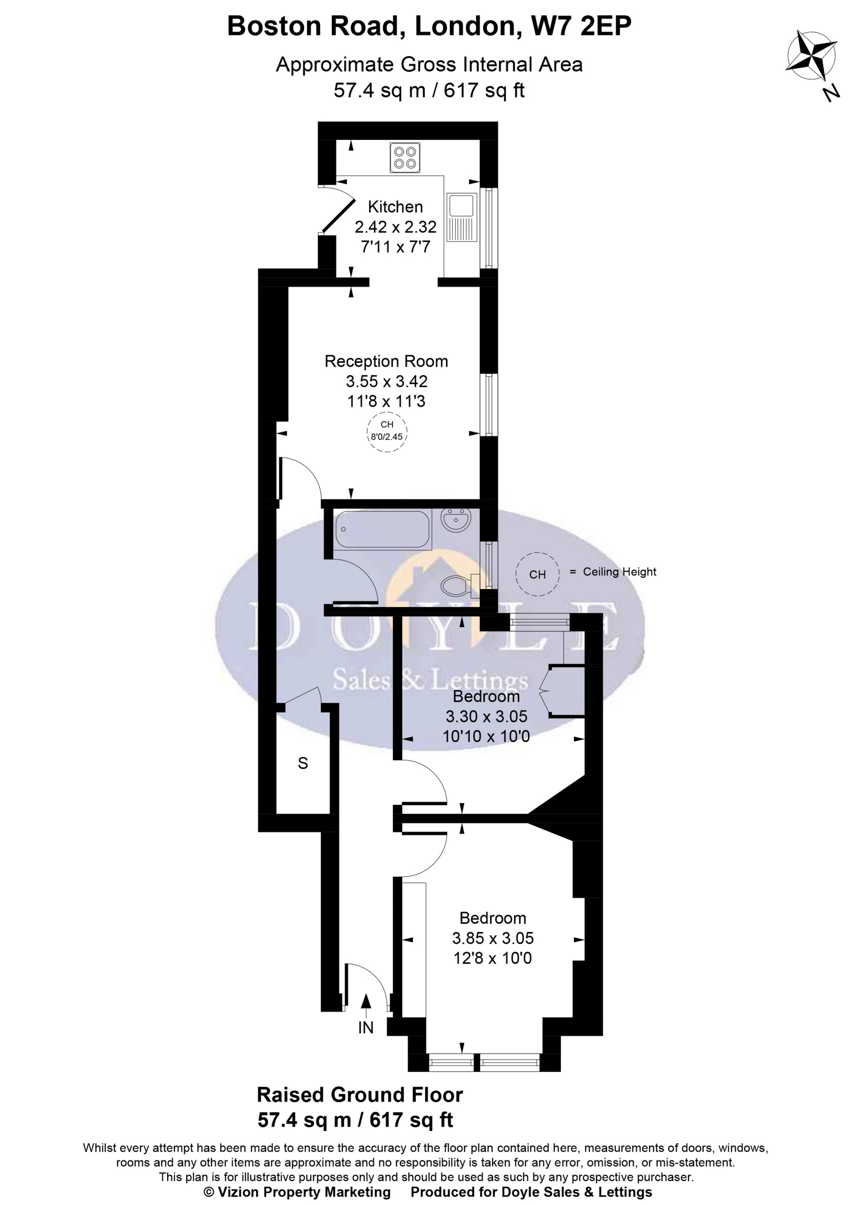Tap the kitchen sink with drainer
pos(461,217)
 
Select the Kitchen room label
pos(395,206)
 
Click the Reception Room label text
pos(386,361)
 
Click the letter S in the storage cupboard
pos(303,763)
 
